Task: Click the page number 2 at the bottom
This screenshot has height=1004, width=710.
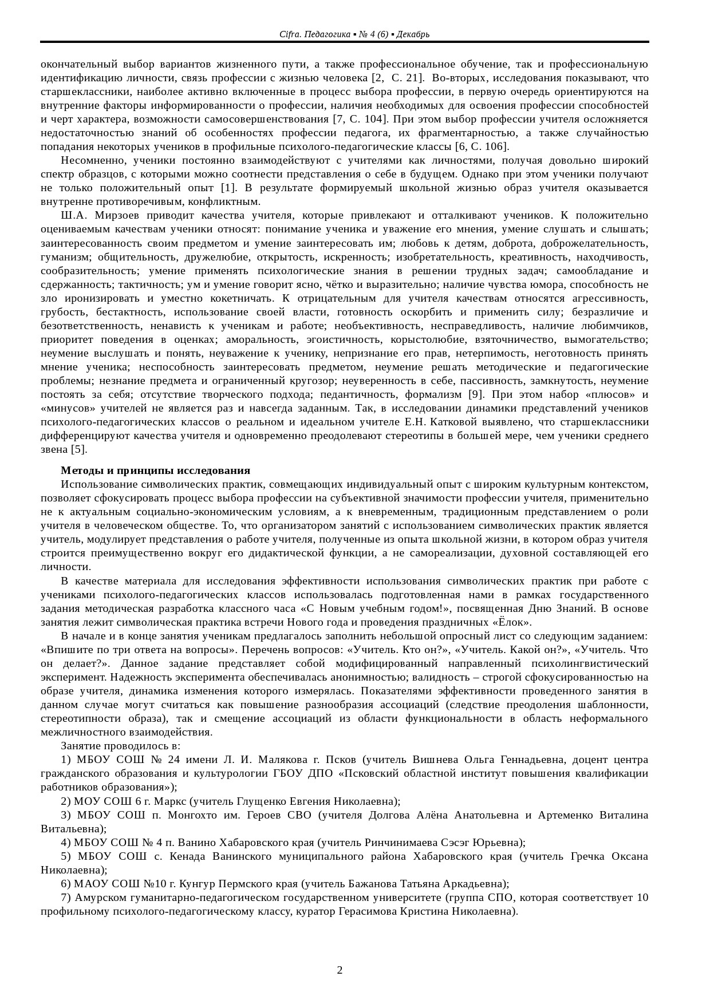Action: point(340,970)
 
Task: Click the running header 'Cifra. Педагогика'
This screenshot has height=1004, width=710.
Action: point(314,34)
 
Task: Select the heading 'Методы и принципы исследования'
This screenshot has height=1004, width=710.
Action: point(155,471)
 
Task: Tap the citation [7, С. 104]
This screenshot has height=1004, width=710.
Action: point(361,119)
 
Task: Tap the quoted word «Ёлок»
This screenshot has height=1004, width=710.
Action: point(512,622)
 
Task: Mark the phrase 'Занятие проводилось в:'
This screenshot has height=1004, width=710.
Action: point(120,746)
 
